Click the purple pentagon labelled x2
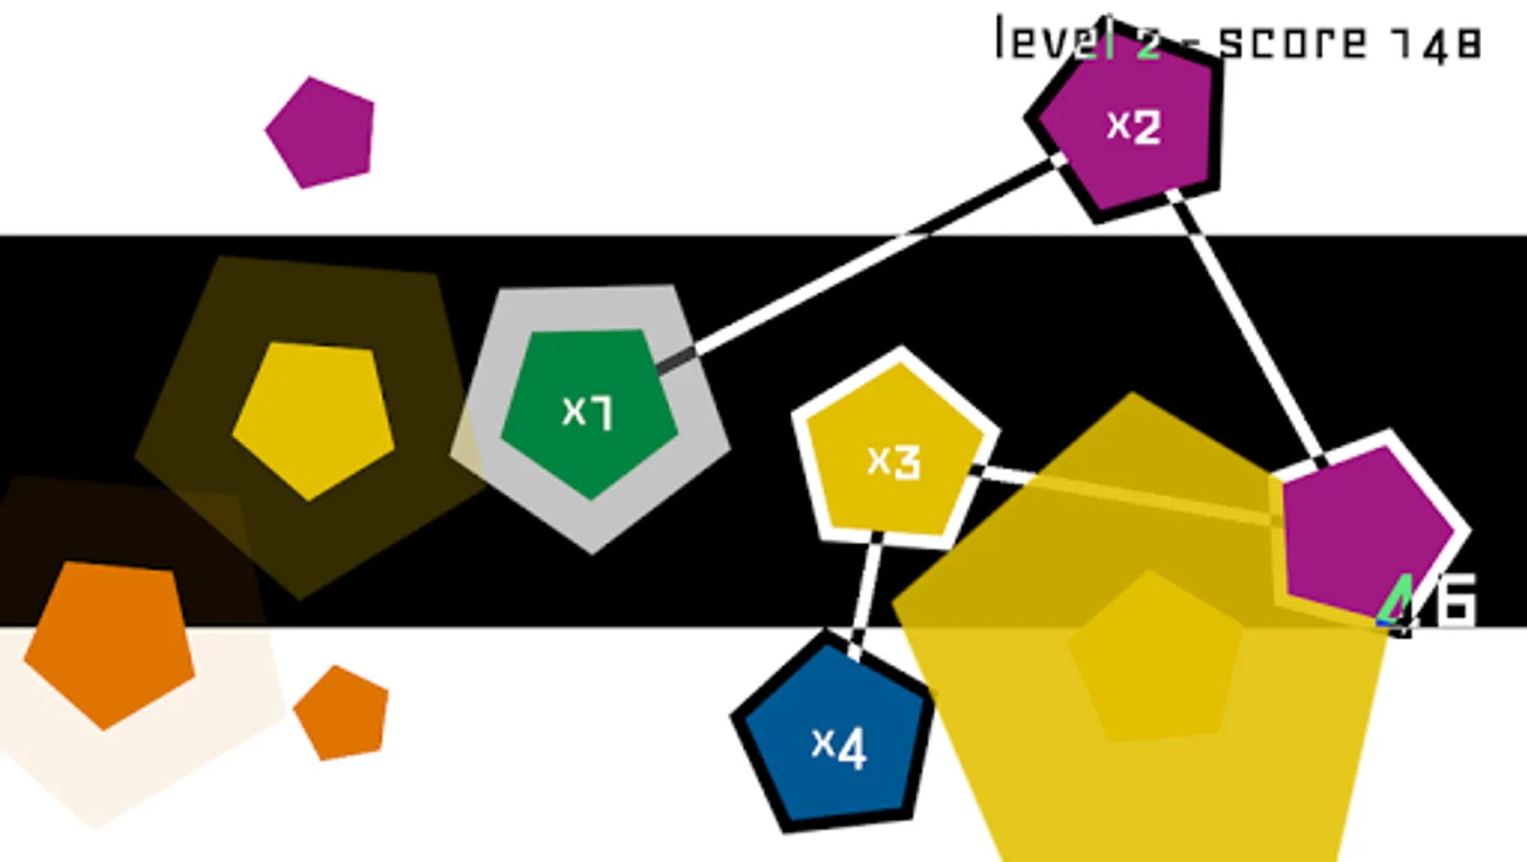pos(1128,125)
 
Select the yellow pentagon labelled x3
pos(894,455)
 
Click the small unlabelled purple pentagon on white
pos(321,133)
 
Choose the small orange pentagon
pos(342,714)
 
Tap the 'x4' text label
pos(839,745)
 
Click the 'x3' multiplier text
pos(894,461)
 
